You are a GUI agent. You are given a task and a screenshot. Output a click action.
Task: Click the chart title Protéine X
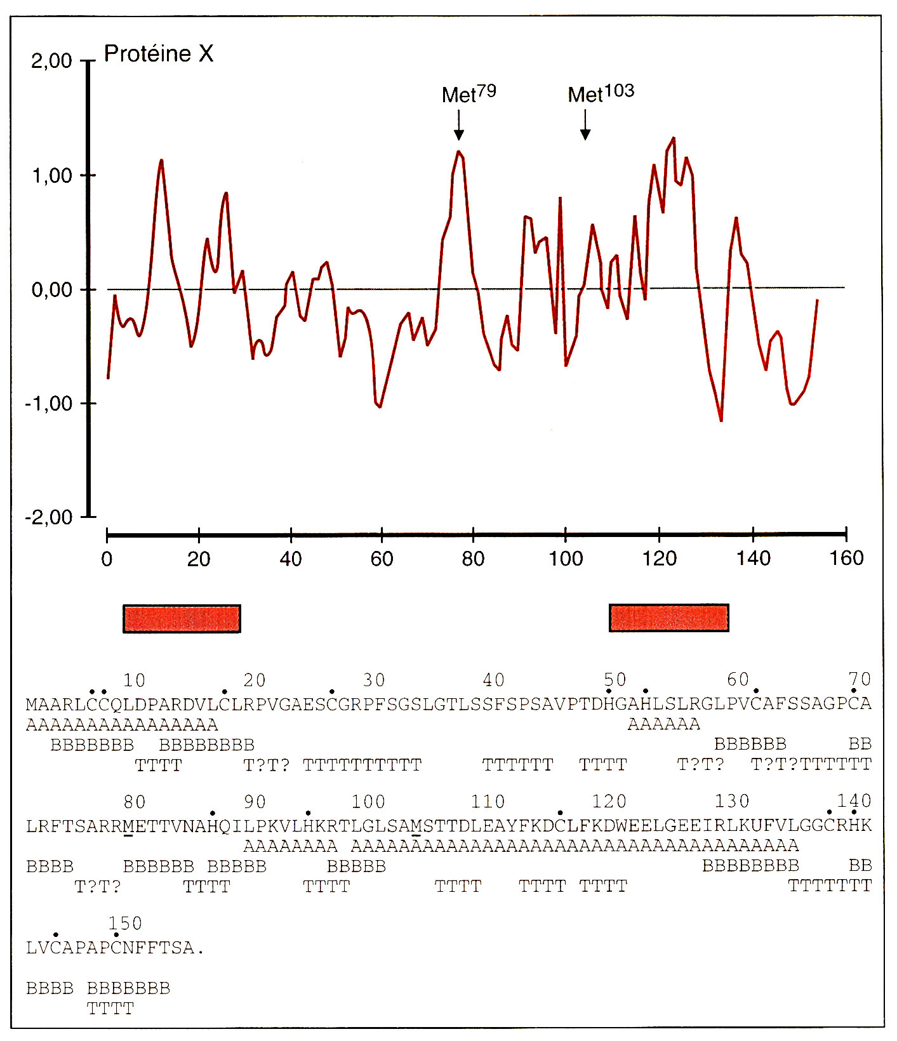(x=158, y=54)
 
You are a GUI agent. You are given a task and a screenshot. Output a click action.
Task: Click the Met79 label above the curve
(x=468, y=94)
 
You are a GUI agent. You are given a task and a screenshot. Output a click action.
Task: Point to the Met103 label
(x=601, y=94)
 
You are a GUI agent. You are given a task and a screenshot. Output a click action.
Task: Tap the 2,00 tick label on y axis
(x=51, y=61)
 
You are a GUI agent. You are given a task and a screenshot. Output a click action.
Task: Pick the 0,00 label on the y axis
(x=51, y=290)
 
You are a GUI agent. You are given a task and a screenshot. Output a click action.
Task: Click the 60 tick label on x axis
(x=382, y=559)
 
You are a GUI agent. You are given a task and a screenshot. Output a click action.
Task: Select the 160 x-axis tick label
(x=846, y=559)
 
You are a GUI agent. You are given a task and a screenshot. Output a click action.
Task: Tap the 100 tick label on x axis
(x=565, y=559)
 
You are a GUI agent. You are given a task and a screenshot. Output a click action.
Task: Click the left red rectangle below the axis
(x=182, y=619)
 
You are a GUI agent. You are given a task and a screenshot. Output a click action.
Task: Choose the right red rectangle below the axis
(x=668, y=618)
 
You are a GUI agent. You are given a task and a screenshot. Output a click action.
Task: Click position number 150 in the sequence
(x=125, y=924)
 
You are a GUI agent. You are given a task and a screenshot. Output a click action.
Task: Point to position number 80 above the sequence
(x=135, y=802)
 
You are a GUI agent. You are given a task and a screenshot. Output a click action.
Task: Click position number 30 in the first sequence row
(x=374, y=680)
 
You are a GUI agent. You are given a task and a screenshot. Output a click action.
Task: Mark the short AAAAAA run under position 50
(x=663, y=724)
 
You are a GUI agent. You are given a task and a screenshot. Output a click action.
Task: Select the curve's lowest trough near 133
(x=721, y=420)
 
